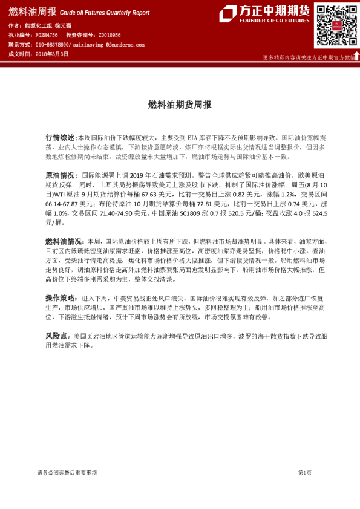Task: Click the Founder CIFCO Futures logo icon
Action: click(227, 14)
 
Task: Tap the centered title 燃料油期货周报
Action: click(180, 105)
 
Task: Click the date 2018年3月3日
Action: click(51, 54)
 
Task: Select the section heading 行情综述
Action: click(60, 138)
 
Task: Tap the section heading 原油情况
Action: click(60, 175)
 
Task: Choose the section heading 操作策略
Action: click(60, 298)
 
